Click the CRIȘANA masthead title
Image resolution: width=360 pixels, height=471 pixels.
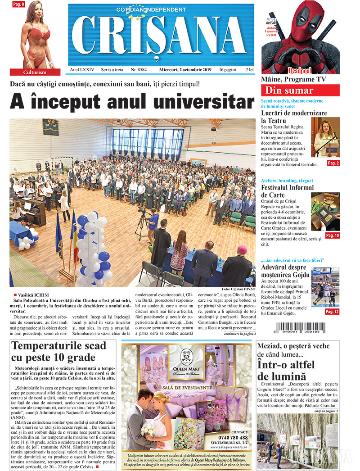click(x=161, y=37)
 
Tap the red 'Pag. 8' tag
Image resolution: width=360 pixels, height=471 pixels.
click(x=18, y=4)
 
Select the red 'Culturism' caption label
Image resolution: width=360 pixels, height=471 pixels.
click(x=35, y=72)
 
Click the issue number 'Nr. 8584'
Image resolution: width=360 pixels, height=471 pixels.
click(x=139, y=70)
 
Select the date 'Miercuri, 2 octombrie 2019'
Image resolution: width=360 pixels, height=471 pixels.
click(x=185, y=70)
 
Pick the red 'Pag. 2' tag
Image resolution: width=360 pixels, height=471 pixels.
click(x=333, y=163)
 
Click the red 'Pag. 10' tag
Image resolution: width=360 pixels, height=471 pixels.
click(x=333, y=235)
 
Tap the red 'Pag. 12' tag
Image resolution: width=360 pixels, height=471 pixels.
click(x=332, y=312)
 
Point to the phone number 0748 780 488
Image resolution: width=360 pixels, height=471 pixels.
click(x=229, y=437)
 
